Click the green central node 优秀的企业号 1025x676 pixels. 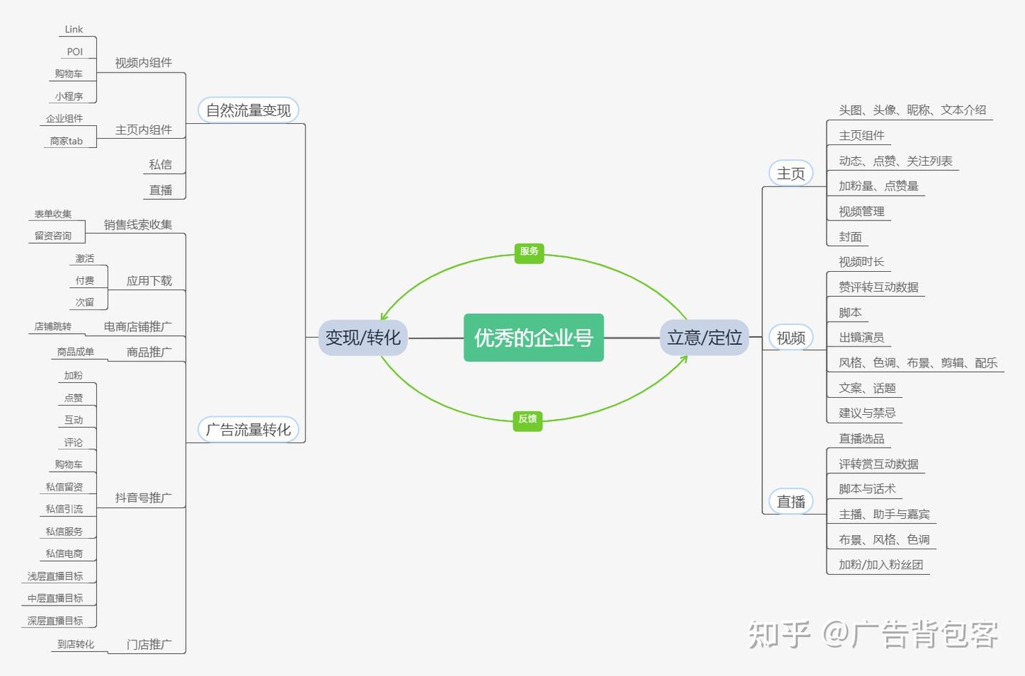click(x=533, y=338)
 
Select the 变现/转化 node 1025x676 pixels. click(x=363, y=338)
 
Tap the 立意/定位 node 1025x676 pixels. click(x=704, y=338)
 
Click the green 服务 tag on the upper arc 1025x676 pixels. click(x=529, y=251)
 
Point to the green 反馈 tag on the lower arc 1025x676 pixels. click(x=527, y=419)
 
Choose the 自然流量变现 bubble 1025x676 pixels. click(x=248, y=110)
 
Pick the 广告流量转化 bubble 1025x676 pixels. click(x=248, y=430)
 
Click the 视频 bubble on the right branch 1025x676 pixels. click(x=791, y=338)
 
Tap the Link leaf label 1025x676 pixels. click(x=74, y=29)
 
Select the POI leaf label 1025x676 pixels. click(x=75, y=52)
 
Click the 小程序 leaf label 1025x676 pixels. click(x=69, y=96)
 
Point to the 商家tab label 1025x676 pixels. click(x=66, y=141)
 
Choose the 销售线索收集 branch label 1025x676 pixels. click(x=138, y=225)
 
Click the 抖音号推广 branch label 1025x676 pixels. click(x=144, y=498)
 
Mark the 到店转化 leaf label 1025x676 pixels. click(x=75, y=644)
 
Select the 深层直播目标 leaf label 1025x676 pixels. click(x=56, y=620)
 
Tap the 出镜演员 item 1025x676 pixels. click(x=861, y=337)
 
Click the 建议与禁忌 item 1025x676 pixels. click(x=867, y=413)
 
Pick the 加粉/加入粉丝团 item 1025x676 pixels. click(x=881, y=564)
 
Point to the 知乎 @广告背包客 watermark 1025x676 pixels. click(x=873, y=634)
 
